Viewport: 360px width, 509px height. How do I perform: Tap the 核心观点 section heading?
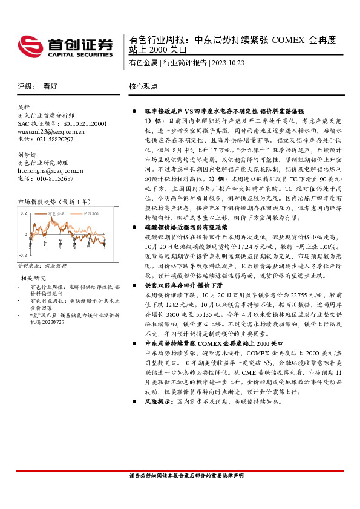143,86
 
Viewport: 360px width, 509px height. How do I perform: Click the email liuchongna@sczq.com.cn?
50,170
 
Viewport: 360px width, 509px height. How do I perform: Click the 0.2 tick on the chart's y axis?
24,213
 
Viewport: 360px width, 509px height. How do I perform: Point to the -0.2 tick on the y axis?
22,256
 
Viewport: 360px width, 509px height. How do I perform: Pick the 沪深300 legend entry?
91,213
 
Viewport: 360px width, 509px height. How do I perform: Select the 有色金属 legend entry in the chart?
58,213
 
